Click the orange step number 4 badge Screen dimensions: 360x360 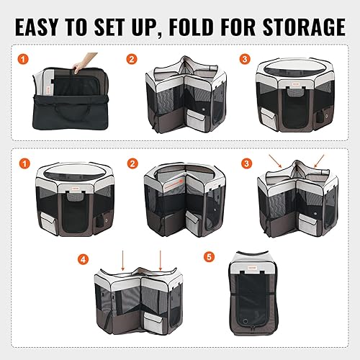point(84,257)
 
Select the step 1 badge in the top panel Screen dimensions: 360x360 point(23,60)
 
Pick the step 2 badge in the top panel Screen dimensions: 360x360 point(132,60)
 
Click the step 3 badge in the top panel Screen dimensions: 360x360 point(244,60)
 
